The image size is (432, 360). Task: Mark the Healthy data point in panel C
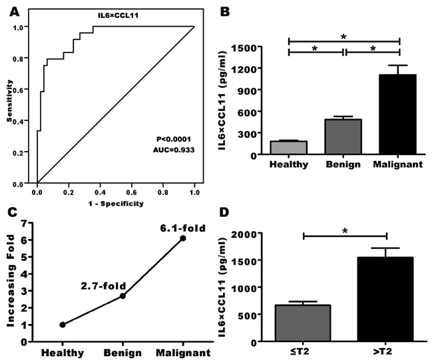click(x=63, y=325)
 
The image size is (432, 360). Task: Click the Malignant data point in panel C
click(x=183, y=238)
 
